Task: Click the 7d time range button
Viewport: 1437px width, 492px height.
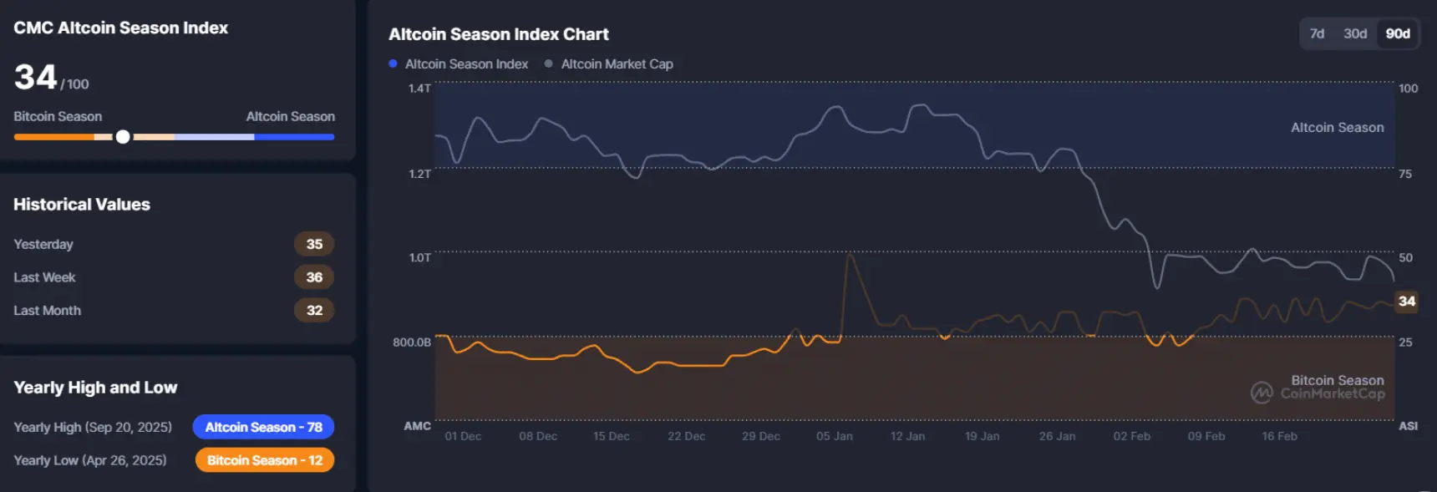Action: [1317, 33]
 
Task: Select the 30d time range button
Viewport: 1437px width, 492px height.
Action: [1354, 33]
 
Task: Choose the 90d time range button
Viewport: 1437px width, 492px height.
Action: [1397, 33]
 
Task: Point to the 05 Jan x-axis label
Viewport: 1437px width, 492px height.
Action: [834, 436]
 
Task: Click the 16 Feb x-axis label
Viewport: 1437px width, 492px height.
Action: [1279, 436]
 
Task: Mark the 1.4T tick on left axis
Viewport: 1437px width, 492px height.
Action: [419, 88]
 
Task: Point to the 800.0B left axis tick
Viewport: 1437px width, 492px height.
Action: [412, 342]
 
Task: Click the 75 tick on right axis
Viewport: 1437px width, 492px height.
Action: [1405, 174]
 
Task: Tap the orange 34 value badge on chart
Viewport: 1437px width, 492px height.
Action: [1407, 301]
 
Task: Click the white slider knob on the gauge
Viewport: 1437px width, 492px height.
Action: [123, 137]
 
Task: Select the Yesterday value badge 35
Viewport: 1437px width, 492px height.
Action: [314, 244]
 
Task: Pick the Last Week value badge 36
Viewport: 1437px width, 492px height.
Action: [314, 277]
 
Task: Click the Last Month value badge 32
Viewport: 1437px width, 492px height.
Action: [314, 310]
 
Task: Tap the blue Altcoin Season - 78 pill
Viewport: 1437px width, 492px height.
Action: [263, 427]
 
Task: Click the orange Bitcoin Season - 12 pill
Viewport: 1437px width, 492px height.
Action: [264, 460]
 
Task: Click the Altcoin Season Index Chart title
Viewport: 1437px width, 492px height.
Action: [498, 34]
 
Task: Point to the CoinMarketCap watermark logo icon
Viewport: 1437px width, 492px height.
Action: [1262, 392]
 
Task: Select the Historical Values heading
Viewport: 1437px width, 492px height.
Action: [82, 205]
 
